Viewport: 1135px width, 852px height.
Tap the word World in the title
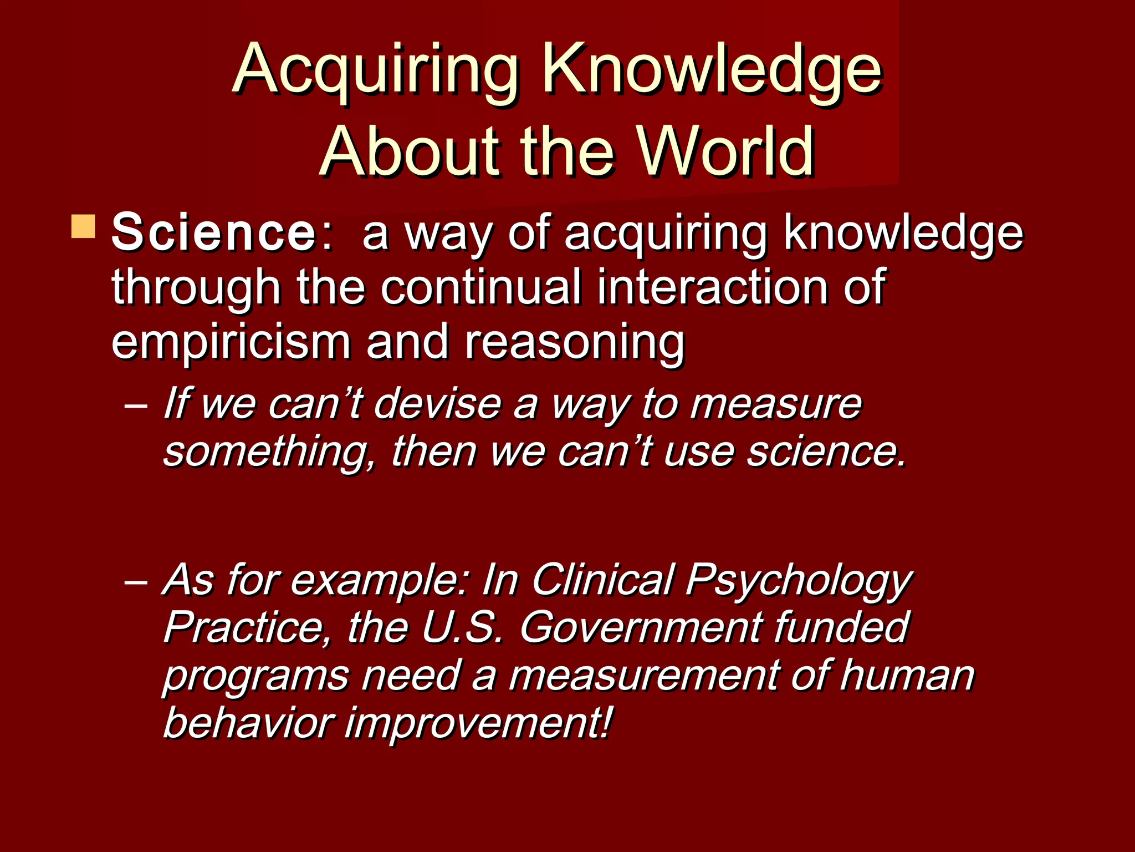[x=726, y=151]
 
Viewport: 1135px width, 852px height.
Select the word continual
[x=481, y=287]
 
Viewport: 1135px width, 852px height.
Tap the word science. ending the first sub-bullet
[x=826, y=452]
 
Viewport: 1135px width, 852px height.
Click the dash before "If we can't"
[x=136, y=405]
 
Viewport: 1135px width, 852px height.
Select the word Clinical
[x=602, y=580]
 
